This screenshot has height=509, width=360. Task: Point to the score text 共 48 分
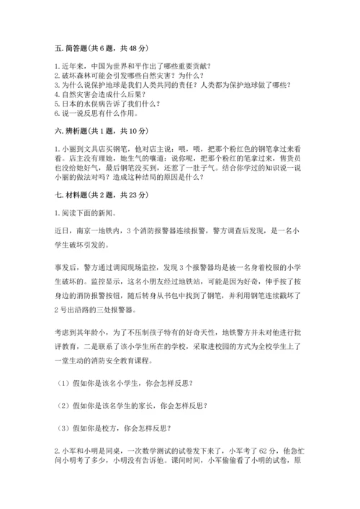click(132, 48)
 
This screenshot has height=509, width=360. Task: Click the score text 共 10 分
click(132, 131)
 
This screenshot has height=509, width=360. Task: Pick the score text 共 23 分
click(132, 195)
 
